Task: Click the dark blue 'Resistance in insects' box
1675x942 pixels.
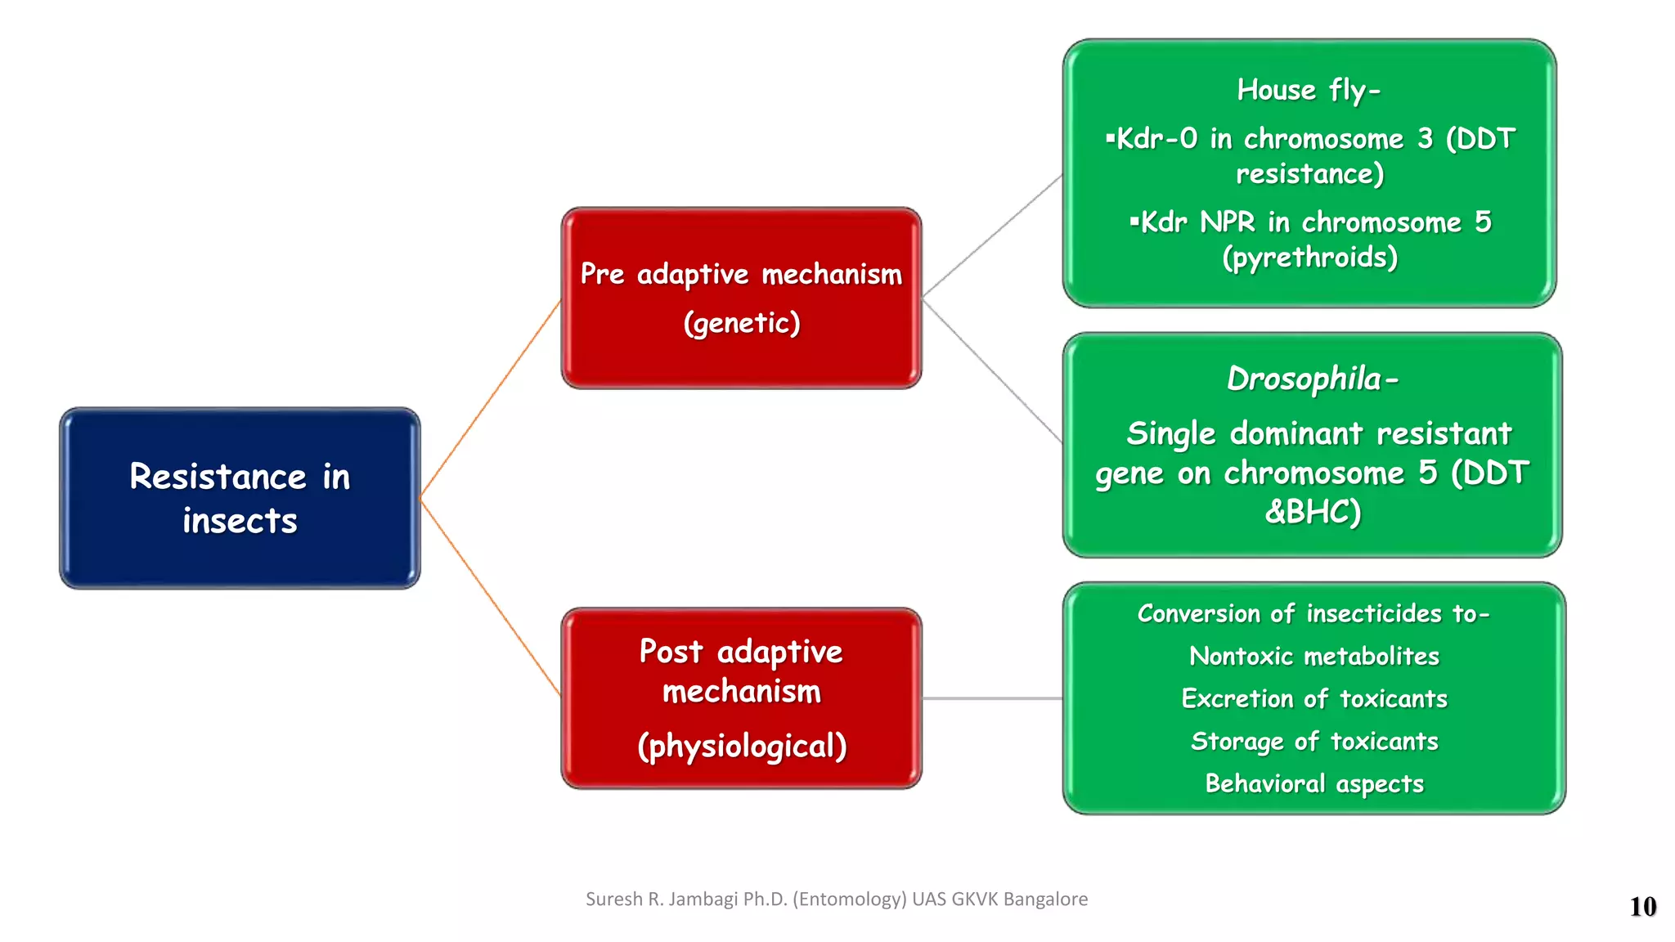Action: click(240, 498)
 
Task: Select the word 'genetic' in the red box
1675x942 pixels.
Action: click(741, 323)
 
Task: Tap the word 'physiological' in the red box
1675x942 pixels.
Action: click(742, 746)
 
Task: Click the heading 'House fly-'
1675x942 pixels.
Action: click(1308, 90)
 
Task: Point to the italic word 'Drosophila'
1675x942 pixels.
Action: click(1304, 379)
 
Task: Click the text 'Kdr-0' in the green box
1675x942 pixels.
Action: click(1156, 139)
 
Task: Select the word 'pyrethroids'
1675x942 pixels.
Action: click(1310, 258)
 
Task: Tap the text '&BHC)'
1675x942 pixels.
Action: click(1312, 512)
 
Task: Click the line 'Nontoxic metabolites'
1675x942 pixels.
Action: click(1314, 656)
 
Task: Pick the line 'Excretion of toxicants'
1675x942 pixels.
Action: click(1314, 698)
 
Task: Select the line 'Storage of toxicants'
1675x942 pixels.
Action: click(1314, 741)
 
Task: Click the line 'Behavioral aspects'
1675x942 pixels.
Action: click(1314, 783)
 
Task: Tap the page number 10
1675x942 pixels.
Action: click(1642, 906)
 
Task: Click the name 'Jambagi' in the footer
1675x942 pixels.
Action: click(703, 899)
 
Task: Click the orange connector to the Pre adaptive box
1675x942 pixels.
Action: click(491, 398)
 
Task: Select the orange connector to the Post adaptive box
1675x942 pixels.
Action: click(491, 597)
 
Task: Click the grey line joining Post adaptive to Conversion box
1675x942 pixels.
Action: click(992, 698)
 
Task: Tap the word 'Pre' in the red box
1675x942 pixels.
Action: click(602, 274)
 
